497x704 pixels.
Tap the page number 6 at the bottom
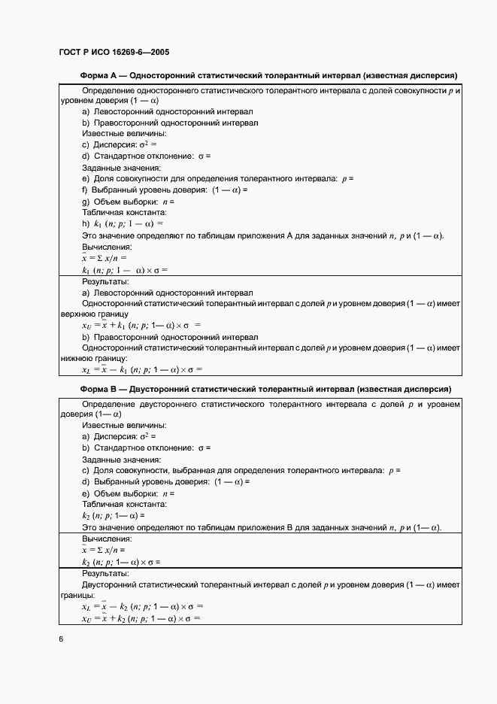(60, 639)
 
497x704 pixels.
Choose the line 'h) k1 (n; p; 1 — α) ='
(122, 223)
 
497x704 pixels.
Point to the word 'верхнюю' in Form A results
(76, 314)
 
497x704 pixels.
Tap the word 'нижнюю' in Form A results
(74, 358)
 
